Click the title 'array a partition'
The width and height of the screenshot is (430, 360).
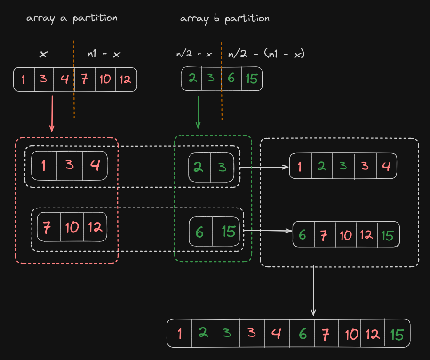[72, 18]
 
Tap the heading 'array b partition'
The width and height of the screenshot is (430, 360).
[224, 19]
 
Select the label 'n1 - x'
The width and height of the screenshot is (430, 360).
[104, 54]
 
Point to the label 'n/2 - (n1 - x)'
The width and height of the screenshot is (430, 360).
[266, 54]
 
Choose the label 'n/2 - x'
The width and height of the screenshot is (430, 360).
[194, 54]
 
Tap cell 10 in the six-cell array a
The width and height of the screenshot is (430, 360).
[105, 79]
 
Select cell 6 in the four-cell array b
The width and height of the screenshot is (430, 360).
[231, 79]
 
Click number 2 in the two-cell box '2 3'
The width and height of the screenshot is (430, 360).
[199, 167]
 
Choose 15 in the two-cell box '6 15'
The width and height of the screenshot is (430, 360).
[228, 232]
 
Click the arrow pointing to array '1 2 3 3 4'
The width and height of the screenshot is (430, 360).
[263, 167]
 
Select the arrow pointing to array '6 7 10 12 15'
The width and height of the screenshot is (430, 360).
[268, 231]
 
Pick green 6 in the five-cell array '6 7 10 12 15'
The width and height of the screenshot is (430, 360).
[303, 234]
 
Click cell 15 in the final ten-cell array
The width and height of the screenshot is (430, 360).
[397, 334]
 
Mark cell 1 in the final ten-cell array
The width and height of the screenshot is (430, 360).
[180, 334]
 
